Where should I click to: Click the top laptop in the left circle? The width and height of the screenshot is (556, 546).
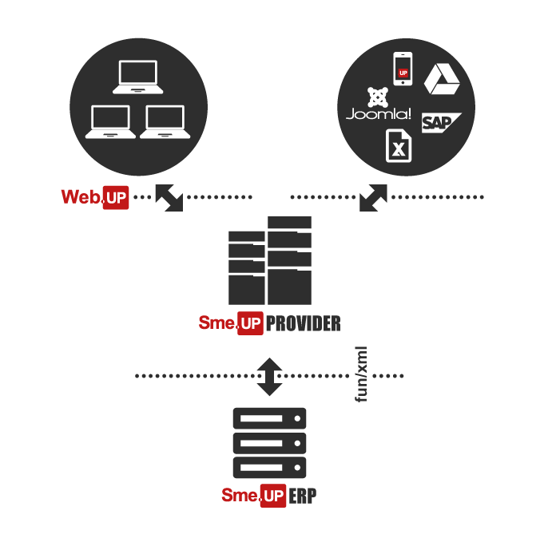pyautogui.click(x=138, y=77)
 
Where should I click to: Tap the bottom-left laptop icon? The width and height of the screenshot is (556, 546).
pyautogui.click(x=110, y=122)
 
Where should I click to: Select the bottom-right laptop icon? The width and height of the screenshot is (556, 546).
pyautogui.click(x=165, y=122)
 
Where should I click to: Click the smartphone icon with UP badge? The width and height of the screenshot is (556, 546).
pyautogui.click(x=403, y=69)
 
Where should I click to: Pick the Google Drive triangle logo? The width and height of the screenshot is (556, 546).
pyautogui.click(x=442, y=79)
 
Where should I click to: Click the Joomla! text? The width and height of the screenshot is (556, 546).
pyautogui.click(x=379, y=114)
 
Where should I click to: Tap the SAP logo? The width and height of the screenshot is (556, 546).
pyautogui.click(x=442, y=123)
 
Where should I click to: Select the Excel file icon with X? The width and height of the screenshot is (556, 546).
pyautogui.click(x=399, y=146)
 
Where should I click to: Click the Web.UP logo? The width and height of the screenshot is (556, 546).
pyautogui.click(x=95, y=197)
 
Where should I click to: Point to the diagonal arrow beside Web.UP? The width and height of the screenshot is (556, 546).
pyautogui.click(x=169, y=198)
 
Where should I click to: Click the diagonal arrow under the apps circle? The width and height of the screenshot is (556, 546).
pyautogui.click(x=373, y=198)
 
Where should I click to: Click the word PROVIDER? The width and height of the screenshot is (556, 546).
pyautogui.click(x=304, y=323)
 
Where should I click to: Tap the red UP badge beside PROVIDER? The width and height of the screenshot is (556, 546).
pyautogui.click(x=250, y=323)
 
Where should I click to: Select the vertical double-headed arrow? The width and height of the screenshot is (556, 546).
pyautogui.click(x=269, y=377)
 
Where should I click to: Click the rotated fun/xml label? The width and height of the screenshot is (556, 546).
pyautogui.click(x=361, y=374)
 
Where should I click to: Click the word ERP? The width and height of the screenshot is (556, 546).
pyautogui.click(x=303, y=496)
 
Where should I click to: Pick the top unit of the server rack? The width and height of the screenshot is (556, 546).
pyautogui.click(x=269, y=418)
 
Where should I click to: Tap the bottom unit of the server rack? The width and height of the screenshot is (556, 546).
pyautogui.click(x=269, y=467)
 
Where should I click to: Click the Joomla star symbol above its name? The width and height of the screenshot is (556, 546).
pyautogui.click(x=378, y=97)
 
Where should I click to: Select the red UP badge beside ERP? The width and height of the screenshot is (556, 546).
pyautogui.click(x=273, y=496)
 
